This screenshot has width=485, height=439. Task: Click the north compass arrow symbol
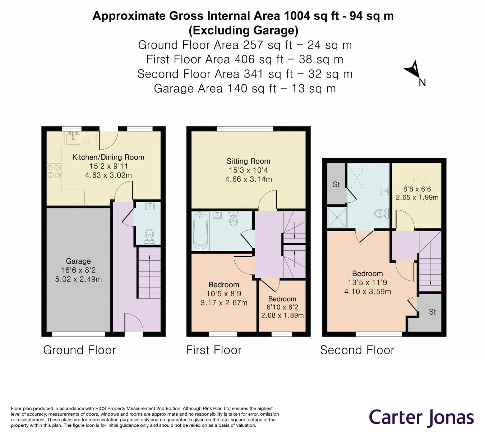[413, 70]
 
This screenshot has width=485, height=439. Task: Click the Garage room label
[78, 261]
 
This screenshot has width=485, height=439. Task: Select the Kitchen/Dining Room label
[108, 157]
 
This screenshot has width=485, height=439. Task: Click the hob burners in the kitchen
[54, 171]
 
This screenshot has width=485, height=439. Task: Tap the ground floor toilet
[149, 237]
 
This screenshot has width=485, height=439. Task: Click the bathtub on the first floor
[200, 231]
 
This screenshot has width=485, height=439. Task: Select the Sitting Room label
[248, 161]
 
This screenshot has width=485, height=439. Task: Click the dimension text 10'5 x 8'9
[224, 294]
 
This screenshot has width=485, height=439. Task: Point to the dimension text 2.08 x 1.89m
[282, 316]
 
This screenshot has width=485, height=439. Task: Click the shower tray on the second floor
[337, 217]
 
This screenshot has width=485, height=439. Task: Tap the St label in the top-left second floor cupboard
[336, 184]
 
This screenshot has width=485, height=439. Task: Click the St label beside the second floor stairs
[433, 312]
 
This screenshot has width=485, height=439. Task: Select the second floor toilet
[381, 214]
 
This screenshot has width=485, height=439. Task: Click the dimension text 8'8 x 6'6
[417, 189]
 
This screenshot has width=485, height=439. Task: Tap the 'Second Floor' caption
[357, 350]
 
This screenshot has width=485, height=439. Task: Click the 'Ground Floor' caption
[79, 350]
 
